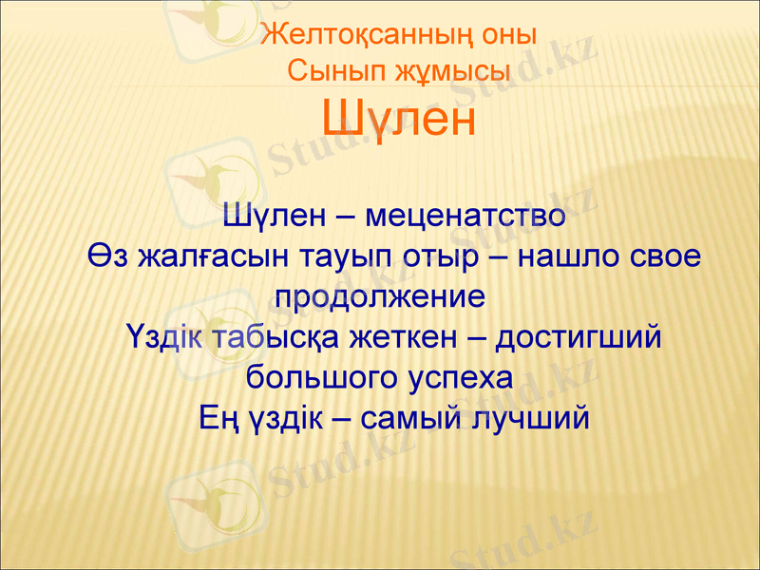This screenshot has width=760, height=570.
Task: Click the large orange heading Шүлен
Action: click(398, 121)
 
